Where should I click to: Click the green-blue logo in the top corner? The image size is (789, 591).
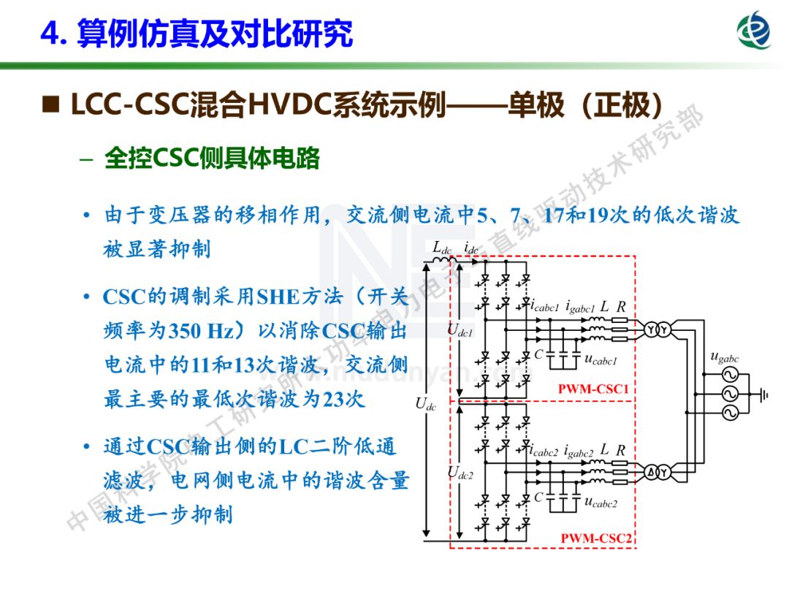point(754,31)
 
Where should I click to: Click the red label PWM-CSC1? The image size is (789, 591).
point(593,389)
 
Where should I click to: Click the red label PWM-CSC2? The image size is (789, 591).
point(595,539)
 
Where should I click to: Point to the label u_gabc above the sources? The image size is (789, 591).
point(724,357)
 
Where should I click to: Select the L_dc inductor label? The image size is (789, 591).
point(442,247)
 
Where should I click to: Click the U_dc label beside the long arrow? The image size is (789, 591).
point(426,404)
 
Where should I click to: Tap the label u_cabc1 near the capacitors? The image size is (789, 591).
point(601,359)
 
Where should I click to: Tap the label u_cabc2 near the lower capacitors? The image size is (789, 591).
point(601,503)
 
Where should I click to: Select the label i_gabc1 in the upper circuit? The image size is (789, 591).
point(580,307)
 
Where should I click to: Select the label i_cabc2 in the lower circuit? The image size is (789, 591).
point(544,451)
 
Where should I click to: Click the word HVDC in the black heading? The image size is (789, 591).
point(289,106)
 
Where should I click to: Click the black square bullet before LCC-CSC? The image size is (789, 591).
point(51,106)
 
